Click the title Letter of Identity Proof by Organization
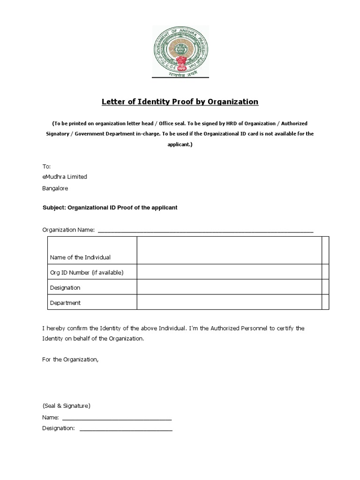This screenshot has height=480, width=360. (x=180, y=102)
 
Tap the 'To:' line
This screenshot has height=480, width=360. (x=46, y=166)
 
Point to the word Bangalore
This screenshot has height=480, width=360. (x=55, y=188)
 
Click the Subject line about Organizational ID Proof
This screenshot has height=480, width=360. (x=110, y=207)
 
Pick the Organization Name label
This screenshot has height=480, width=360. (x=68, y=230)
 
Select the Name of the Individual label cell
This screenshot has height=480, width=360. (x=80, y=257)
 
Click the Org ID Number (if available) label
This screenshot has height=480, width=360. (x=87, y=272)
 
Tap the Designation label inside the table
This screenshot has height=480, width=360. (x=65, y=287)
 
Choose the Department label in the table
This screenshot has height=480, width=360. (x=65, y=302)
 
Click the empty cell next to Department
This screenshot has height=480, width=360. (x=229, y=302)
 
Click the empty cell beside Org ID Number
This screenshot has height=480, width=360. (x=229, y=272)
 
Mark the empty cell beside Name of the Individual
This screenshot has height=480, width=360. (x=229, y=250)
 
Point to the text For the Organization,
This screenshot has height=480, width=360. (x=71, y=360)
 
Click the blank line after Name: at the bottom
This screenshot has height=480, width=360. (x=117, y=417)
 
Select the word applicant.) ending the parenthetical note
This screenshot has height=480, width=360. (x=180, y=145)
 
